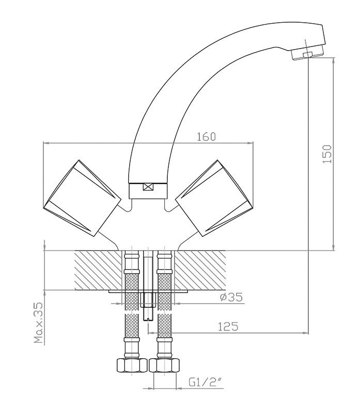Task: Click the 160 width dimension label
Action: point(207,136)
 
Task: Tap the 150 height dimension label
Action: point(327,154)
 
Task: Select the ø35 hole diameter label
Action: point(231,297)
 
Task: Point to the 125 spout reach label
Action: point(228,327)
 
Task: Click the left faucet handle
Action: point(82,198)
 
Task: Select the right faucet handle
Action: point(214,198)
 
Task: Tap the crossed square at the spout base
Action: point(148,187)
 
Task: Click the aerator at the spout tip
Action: point(307,54)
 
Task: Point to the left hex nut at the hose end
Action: point(132,365)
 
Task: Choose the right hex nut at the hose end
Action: point(164,365)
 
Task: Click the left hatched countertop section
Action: point(99,270)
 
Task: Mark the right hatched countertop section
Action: point(200,270)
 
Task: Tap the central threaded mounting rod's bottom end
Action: point(148,320)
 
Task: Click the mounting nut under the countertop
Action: point(148,300)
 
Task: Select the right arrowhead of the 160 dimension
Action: point(250,143)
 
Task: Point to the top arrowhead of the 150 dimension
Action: point(334,60)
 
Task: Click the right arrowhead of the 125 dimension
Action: point(305,333)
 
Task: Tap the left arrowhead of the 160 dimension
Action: point(46,143)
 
